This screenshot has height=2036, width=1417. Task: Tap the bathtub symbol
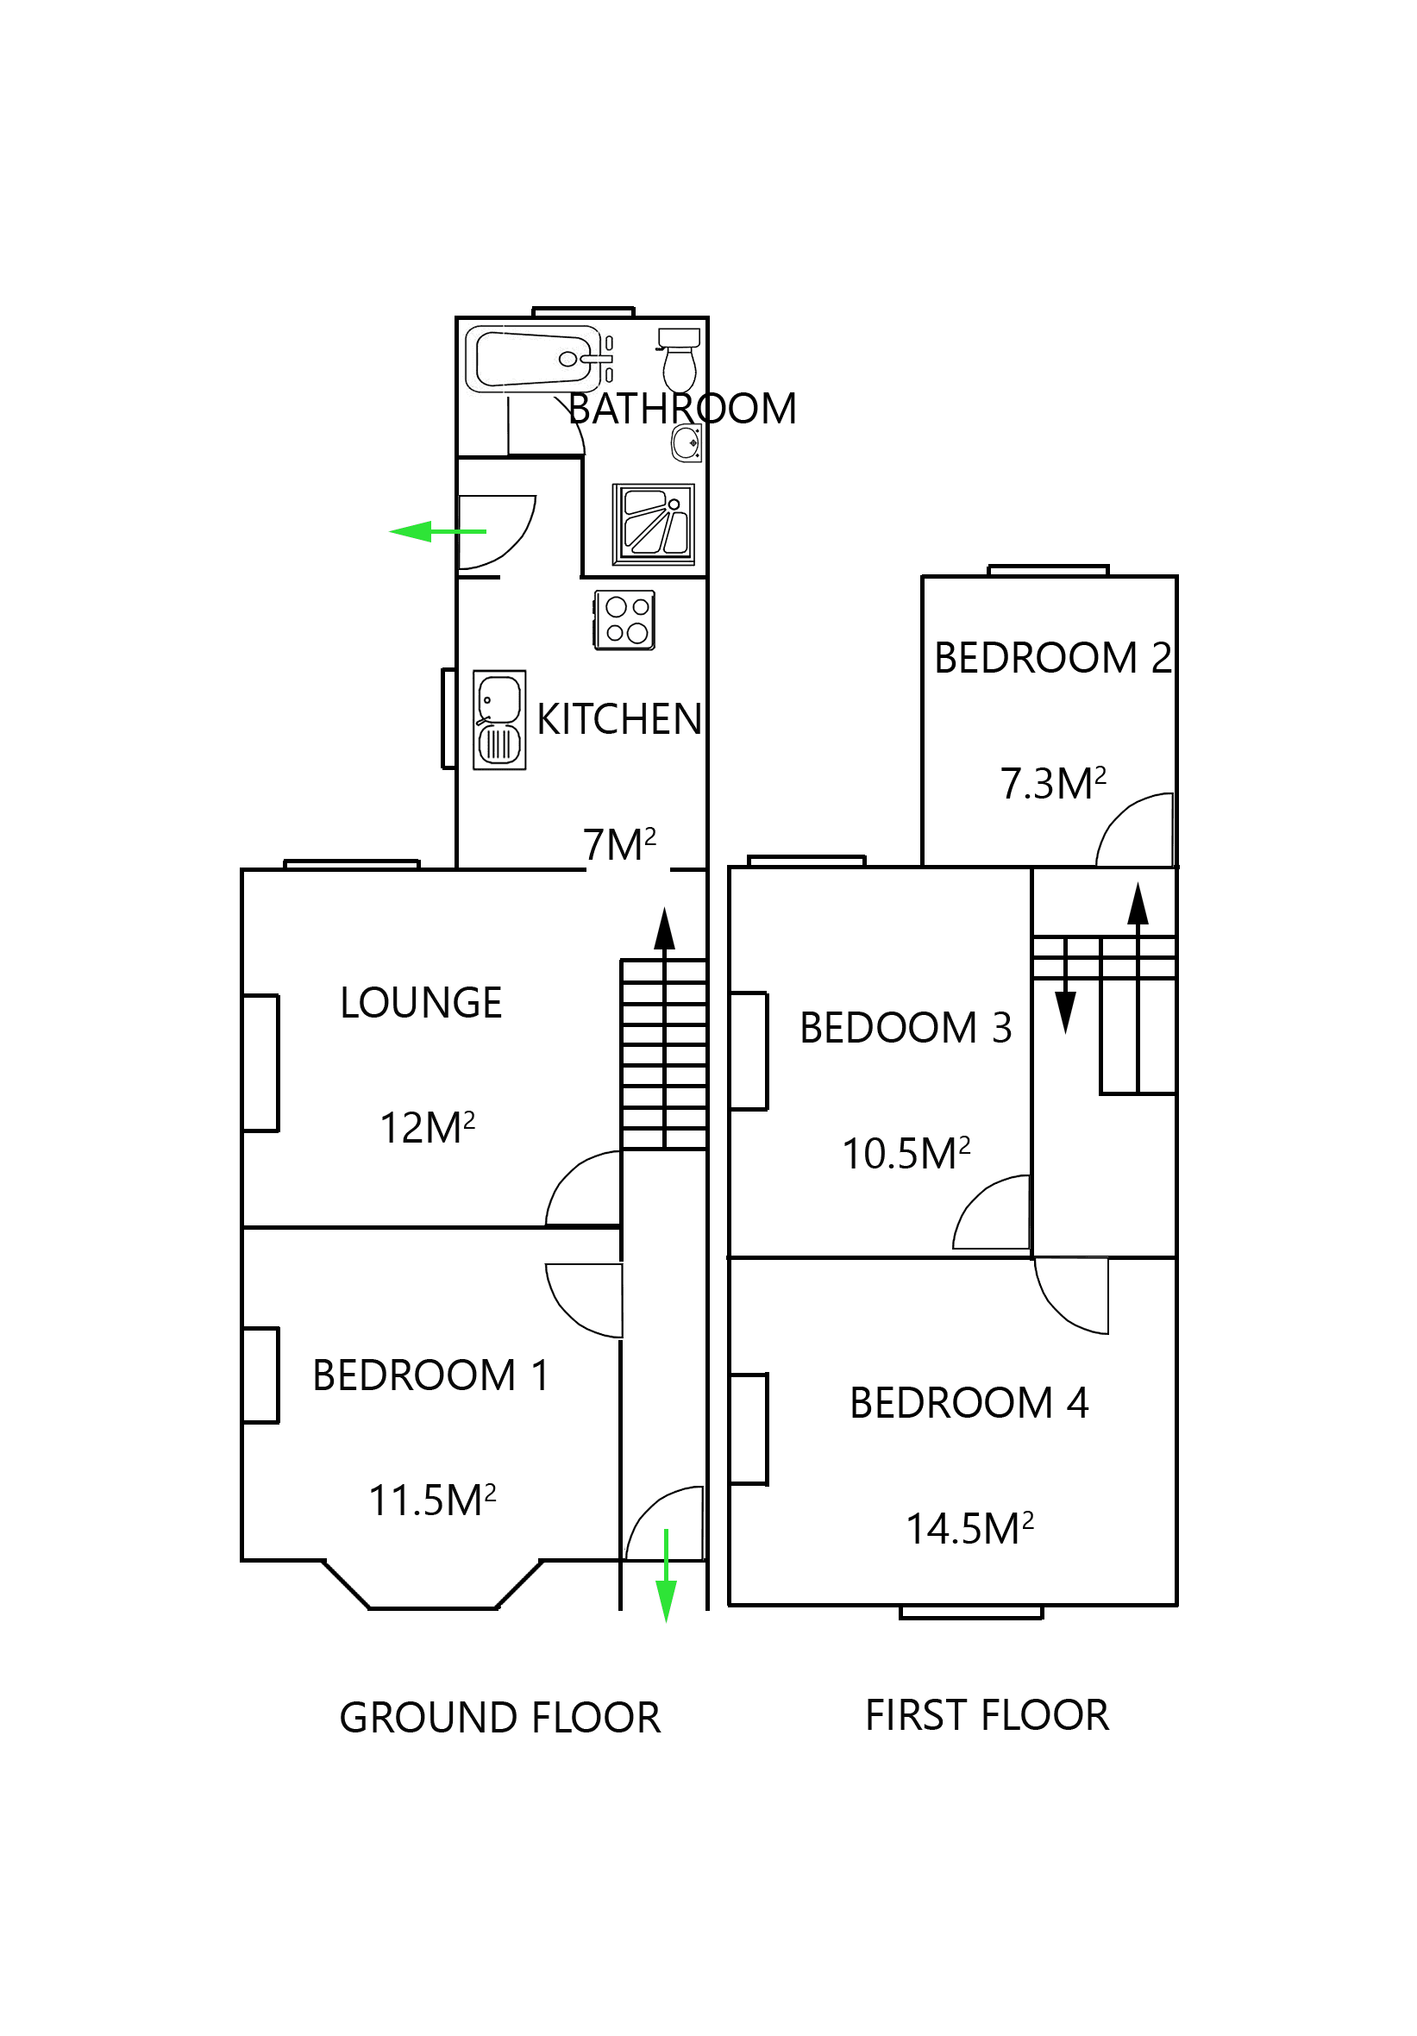click(x=532, y=359)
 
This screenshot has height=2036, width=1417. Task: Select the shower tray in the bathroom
click(x=654, y=524)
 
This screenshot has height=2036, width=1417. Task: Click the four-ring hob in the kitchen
click(x=624, y=620)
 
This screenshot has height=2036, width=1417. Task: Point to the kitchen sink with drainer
click(x=499, y=719)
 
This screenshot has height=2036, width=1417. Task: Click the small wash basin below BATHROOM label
click(x=686, y=442)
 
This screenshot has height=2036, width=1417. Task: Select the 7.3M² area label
click(x=1052, y=783)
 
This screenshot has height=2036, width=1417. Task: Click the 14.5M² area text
click(x=969, y=1528)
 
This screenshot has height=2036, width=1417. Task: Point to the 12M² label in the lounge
click(x=427, y=1127)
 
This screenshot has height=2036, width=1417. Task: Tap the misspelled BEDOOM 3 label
click(x=906, y=1027)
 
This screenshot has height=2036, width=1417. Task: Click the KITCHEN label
click(x=619, y=719)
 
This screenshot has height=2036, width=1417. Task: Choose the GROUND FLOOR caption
click(x=499, y=1718)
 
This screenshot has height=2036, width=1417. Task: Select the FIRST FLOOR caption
click(x=987, y=1715)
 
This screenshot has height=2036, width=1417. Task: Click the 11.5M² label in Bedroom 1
click(x=432, y=1500)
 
